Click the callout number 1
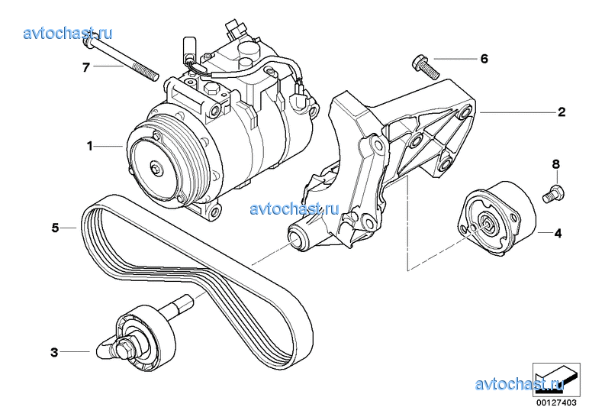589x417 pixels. tap(89, 146)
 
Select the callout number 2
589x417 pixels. tap(562, 112)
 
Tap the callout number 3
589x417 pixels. tap(54, 352)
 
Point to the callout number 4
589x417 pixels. tap(558, 234)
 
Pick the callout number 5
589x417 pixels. tap(56, 228)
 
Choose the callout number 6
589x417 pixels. tap(484, 59)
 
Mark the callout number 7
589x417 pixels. tap(86, 67)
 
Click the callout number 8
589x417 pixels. tap(556, 164)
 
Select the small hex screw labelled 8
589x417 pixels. tap(554, 192)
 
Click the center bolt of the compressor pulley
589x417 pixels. tap(156, 168)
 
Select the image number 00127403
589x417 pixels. tap(556, 402)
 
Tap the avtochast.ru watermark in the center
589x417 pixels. tap(294, 208)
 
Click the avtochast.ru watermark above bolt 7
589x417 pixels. tap(68, 33)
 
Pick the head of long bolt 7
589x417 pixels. tap(87, 44)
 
